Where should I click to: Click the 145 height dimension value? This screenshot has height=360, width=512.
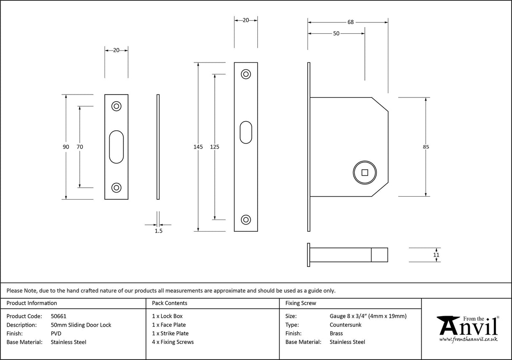(198, 147)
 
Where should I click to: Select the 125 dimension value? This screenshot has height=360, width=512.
(215, 147)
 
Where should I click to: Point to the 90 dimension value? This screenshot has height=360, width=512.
(66, 147)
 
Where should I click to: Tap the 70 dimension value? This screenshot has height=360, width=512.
(80, 147)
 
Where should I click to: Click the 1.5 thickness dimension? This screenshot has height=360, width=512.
(158, 231)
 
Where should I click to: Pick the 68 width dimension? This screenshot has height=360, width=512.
(350, 22)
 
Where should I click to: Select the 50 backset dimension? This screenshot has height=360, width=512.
(336, 34)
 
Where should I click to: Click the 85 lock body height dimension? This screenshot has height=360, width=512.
(426, 147)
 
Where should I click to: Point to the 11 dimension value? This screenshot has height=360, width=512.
(436, 255)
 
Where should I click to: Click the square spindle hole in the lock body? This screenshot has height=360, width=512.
(365, 172)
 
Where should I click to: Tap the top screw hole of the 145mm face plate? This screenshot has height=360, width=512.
(245, 74)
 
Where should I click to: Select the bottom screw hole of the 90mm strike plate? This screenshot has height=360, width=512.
(116, 187)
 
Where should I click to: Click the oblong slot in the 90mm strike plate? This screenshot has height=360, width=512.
(116, 147)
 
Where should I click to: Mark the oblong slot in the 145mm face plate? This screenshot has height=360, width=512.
(246, 133)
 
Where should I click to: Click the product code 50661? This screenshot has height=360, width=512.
(59, 316)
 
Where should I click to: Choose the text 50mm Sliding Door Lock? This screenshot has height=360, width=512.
(81, 325)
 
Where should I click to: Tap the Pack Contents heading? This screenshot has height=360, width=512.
(170, 303)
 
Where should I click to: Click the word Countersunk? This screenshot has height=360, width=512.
(345, 325)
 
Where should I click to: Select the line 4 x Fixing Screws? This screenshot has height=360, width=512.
(173, 342)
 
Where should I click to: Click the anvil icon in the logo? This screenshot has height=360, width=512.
(448, 325)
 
